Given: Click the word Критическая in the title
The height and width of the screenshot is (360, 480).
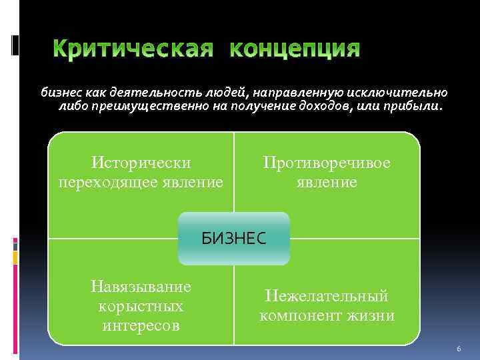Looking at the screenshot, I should tap(133, 50).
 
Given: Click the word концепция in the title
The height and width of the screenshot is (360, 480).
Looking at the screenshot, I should tap(295, 50).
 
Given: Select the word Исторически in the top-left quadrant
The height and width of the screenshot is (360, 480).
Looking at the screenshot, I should tap(141, 163).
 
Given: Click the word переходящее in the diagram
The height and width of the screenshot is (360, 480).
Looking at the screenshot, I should tap(114, 182).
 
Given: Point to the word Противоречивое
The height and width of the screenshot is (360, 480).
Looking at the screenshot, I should tap(327, 163).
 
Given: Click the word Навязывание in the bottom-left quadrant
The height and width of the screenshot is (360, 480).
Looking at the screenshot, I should tap(141, 286).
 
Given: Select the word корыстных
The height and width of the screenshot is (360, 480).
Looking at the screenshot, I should tap(141, 306).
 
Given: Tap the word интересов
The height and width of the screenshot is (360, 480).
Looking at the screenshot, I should tap(141, 325).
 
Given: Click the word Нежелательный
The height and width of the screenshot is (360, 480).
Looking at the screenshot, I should tap(327, 296).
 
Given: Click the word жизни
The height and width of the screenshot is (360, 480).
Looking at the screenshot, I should tap(373, 315).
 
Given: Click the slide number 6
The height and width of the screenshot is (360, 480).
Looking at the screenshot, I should tap(459, 349).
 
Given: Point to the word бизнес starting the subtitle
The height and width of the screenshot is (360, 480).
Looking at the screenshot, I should tap(59, 92).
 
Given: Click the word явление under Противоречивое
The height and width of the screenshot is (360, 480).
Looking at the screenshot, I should tap(327, 182).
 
